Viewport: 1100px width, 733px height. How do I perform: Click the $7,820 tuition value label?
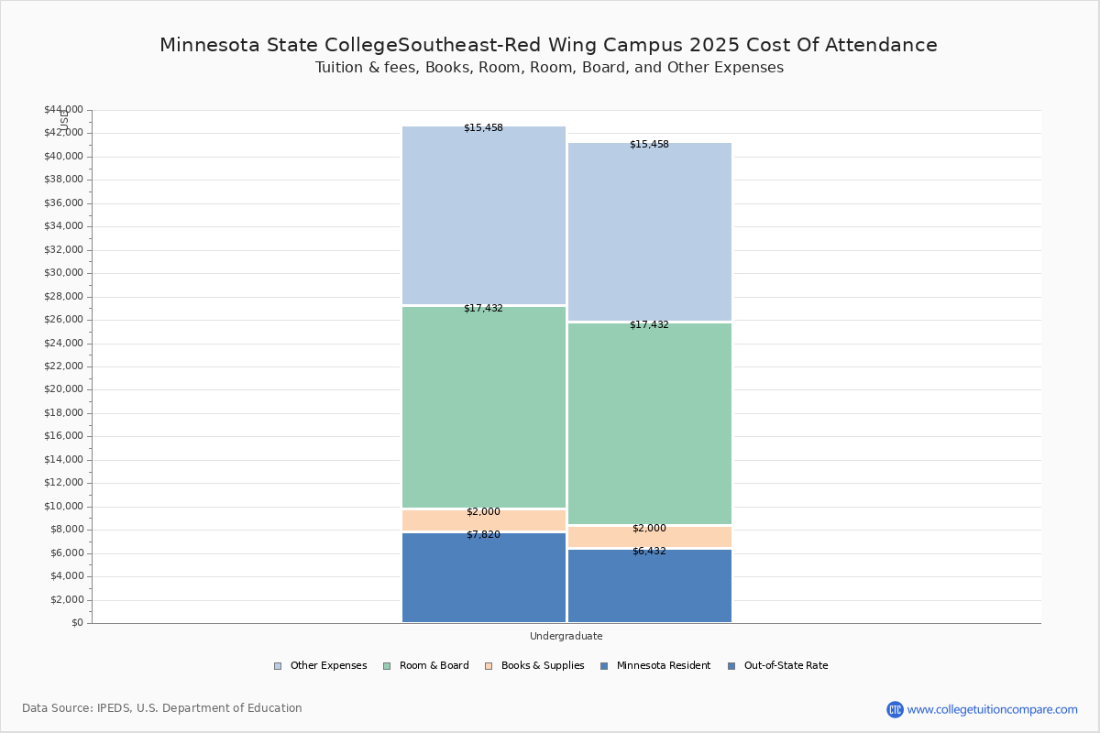[483, 535]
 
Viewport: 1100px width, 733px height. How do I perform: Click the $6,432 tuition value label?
[649, 552]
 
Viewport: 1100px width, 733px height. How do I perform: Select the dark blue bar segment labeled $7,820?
[484, 577]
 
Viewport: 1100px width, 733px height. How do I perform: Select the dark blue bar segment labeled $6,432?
[650, 585]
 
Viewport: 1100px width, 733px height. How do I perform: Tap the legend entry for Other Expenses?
[320, 666]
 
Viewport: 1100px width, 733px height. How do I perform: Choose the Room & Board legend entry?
[425, 666]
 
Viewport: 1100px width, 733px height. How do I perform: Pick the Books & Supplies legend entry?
[534, 666]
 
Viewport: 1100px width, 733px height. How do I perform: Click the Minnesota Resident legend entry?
[655, 666]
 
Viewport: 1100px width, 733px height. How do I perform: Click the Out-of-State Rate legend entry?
[778, 666]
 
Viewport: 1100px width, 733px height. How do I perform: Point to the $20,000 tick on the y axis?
[64, 389]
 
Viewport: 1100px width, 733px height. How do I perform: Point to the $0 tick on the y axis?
[78, 623]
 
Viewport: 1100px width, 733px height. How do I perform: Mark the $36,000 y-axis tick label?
[64, 203]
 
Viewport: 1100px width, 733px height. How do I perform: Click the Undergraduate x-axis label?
[566, 636]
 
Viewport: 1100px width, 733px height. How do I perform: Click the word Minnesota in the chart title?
[211, 45]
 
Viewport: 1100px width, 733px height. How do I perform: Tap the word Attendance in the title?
[881, 45]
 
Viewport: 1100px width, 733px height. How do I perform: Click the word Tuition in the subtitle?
[332, 67]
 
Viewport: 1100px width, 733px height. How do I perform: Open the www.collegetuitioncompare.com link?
[992, 709]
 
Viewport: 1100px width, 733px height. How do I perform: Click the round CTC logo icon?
[895, 709]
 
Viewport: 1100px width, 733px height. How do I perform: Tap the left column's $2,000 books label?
[483, 511]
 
